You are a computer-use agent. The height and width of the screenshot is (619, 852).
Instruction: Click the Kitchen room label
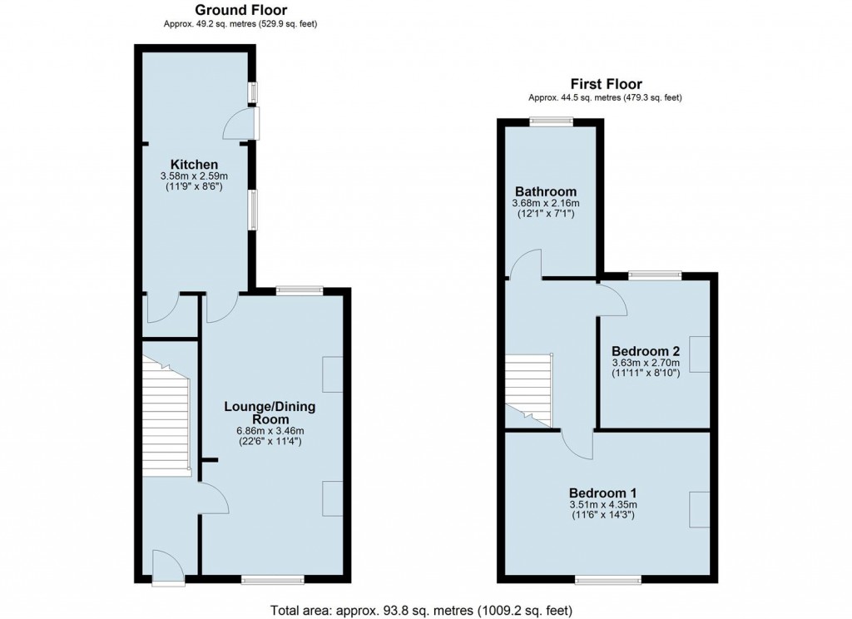click(x=194, y=164)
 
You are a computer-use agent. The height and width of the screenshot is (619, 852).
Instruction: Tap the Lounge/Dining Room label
click(x=270, y=413)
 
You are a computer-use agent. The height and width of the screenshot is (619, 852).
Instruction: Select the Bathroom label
click(x=546, y=191)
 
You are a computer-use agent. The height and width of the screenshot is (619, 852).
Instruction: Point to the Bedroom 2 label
click(x=646, y=350)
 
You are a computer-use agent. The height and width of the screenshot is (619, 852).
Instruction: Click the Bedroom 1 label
click(x=602, y=493)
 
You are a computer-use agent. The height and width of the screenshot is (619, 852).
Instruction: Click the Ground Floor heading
click(x=240, y=10)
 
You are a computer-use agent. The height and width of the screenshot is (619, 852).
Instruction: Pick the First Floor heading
click(x=606, y=84)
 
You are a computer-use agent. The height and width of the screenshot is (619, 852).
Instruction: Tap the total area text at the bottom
click(x=421, y=611)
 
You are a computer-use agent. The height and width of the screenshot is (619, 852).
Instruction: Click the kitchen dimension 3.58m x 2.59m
click(x=194, y=176)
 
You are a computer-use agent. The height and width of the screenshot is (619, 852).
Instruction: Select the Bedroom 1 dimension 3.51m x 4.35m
click(x=603, y=504)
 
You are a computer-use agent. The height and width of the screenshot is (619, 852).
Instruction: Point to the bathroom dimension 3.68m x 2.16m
click(x=546, y=203)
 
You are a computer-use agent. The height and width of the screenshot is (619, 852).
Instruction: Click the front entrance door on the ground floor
click(x=169, y=567)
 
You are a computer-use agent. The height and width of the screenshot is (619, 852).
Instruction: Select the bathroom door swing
click(x=525, y=264)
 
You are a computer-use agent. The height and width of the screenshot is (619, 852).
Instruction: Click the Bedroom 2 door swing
click(x=612, y=299)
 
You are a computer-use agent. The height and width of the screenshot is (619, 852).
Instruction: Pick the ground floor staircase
click(x=166, y=416)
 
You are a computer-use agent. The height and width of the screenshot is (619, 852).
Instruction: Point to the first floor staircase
click(x=528, y=390)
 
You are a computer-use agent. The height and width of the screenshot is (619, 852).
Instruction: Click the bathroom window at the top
click(x=552, y=122)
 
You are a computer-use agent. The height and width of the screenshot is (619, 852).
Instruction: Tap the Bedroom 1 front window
click(x=608, y=581)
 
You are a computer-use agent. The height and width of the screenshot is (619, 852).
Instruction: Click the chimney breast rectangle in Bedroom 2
click(x=700, y=354)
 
